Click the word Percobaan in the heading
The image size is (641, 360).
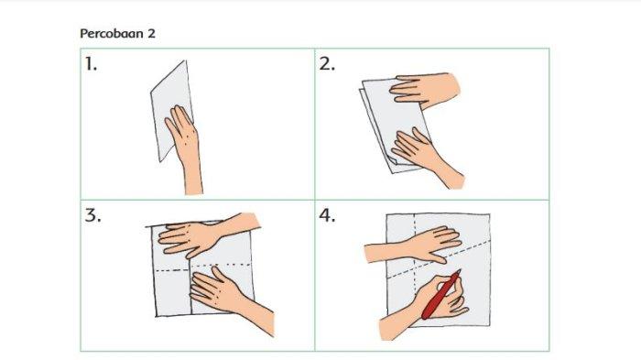pyautogui.click(x=112, y=34)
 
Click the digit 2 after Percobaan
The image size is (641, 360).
pyautogui.click(x=151, y=34)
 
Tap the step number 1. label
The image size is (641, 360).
pyautogui.click(x=91, y=64)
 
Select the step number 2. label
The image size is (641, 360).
pyautogui.click(x=327, y=64)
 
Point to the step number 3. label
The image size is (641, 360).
pyautogui.click(x=92, y=215)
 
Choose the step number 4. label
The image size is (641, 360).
pyautogui.click(x=328, y=215)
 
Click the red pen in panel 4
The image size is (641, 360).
pyautogui.click(x=441, y=294)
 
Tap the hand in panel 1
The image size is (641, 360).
pyautogui.click(x=182, y=131)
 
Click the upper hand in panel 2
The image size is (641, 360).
pyautogui.click(x=423, y=89)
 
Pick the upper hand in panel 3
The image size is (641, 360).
pyautogui.click(x=191, y=238)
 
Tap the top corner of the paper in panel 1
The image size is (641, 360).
pyautogui.click(x=186, y=61)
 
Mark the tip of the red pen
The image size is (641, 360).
pyautogui.click(x=461, y=270)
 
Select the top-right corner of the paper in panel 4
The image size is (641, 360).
pyautogui.click(x=490, y=214)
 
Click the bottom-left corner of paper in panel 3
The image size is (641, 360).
pyautogui.click(x=156, y=316)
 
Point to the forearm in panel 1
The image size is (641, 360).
pyautogui.click(x=192, y=176)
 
